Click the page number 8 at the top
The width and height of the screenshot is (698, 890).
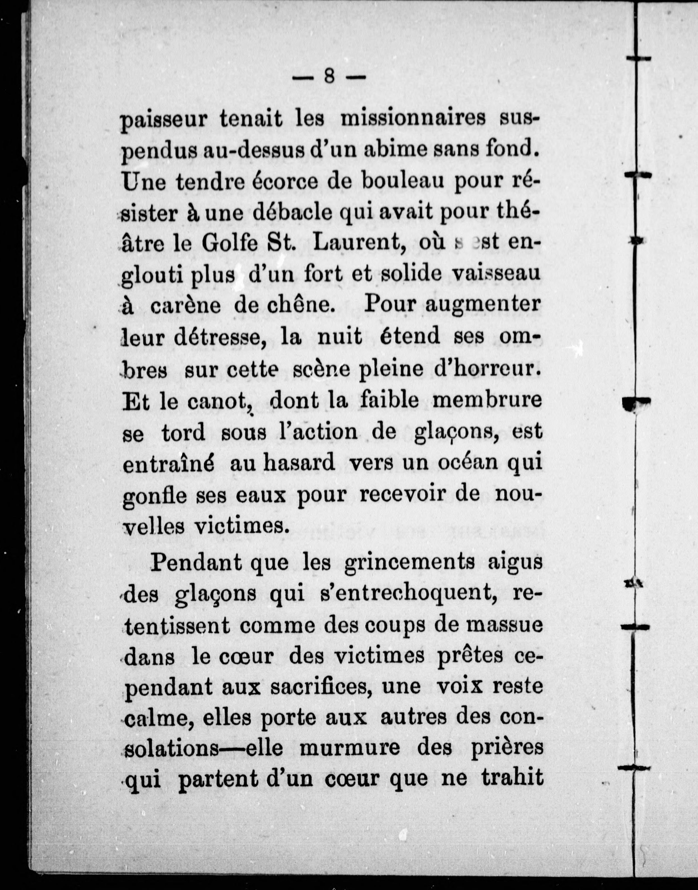tap(329, 76)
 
